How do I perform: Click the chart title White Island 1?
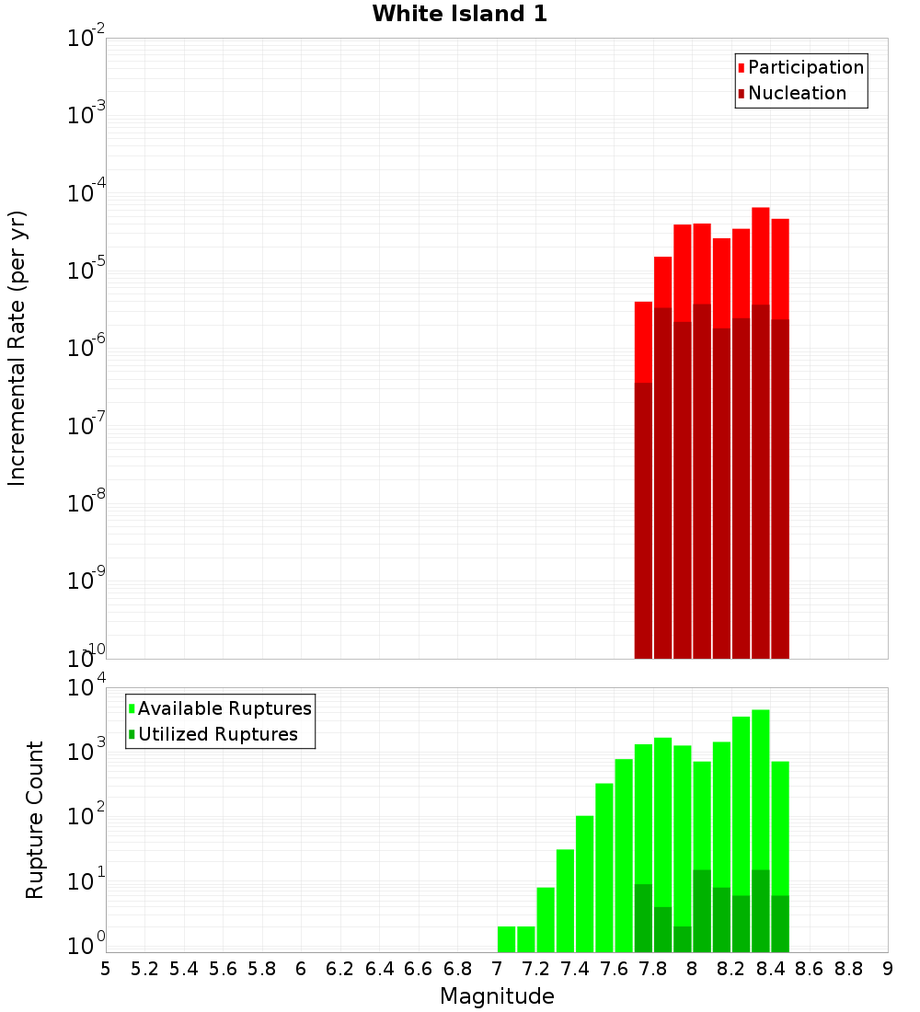459,15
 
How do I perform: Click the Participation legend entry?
805,67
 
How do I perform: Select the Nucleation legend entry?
796,93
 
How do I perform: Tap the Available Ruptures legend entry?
224,708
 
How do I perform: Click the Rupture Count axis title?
35,820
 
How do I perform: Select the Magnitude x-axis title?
496,996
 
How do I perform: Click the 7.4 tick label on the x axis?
575,969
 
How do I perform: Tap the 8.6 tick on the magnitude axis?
810,969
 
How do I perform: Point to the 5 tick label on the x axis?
106,969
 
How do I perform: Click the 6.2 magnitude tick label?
340,969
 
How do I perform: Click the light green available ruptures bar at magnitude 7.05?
506,939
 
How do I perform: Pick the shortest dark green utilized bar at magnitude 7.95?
683,939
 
